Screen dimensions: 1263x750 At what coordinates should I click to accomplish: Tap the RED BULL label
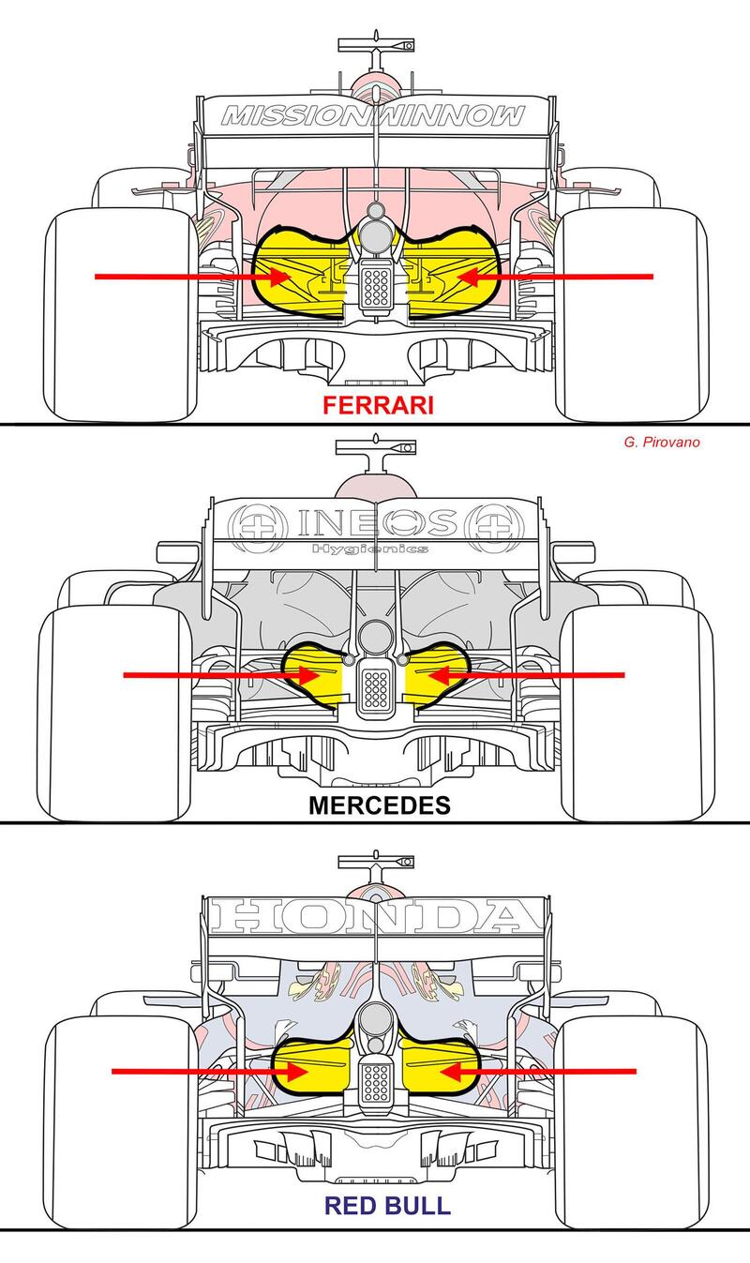pos(375,1205)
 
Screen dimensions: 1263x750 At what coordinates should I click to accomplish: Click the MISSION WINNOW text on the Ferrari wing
pos(373,116)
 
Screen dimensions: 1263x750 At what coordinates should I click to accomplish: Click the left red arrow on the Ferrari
pos(187,277)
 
